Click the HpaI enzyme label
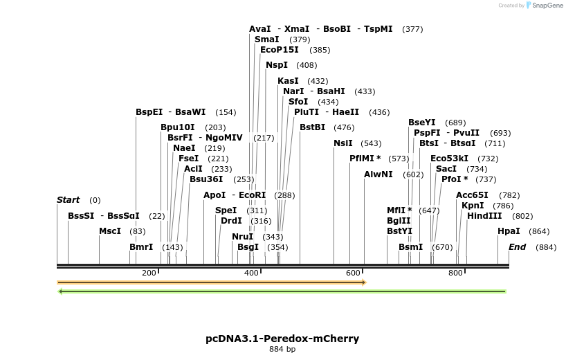coord(509,231)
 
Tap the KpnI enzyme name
coord(473,206)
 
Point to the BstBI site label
coord(312,127)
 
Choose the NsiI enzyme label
coord(343,143)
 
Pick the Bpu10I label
coord(178,127)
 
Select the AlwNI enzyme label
coord(378,174)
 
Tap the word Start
coord(68,200)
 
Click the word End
coord(518,247)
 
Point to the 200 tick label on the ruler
coord(149,273)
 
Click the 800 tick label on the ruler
coord(455,273)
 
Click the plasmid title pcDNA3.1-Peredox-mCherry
coord(282,339)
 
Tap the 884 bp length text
coord(282,349)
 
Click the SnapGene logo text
coord(547,6)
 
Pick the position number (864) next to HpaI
coord(539,231)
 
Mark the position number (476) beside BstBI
coord(344,127)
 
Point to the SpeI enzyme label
coord(226,210)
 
